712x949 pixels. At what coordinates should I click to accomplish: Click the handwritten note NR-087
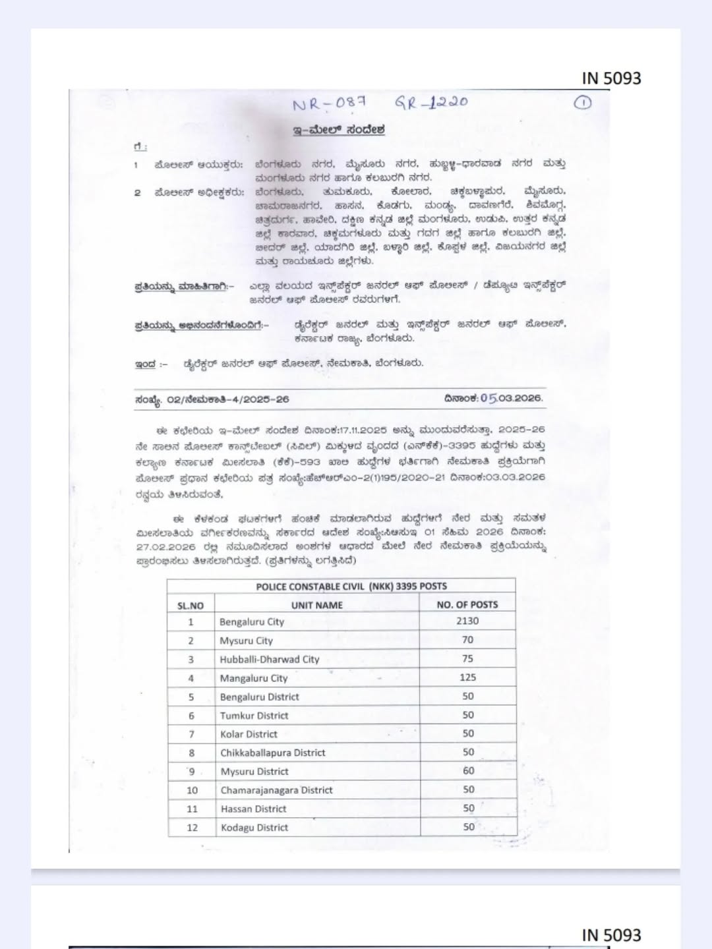tap(334, 104)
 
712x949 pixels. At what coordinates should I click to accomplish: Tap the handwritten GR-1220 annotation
tap(431, 102)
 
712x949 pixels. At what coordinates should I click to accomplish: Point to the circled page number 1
tap(583, 102)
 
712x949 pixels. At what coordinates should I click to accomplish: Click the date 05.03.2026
tap(511, 398)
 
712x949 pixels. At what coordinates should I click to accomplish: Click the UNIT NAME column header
tap(316, 605)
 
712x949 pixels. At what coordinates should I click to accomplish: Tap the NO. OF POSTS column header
tap(467, 604)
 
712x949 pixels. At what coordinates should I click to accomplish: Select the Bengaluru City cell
tap(252, 621)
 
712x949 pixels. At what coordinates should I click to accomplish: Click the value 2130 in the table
tap(467, 621)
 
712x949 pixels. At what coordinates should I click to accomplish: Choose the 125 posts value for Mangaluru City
tap(468, 677)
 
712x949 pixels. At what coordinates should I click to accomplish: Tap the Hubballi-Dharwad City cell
tap(269, 659)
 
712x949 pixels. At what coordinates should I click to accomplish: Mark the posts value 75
tap(468, 658)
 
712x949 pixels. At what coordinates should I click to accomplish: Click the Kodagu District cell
tap(254, 827)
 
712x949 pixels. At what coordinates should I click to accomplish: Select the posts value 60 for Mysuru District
tap(468, 770)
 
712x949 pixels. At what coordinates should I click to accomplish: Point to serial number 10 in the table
tap(192, 790)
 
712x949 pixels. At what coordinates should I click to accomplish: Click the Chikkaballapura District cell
tap(272, 753)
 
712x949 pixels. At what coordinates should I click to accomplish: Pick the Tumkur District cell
tap(254, 715)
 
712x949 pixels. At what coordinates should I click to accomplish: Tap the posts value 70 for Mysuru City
tap(468, 639)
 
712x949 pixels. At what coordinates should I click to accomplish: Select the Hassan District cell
tap(253, 809)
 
